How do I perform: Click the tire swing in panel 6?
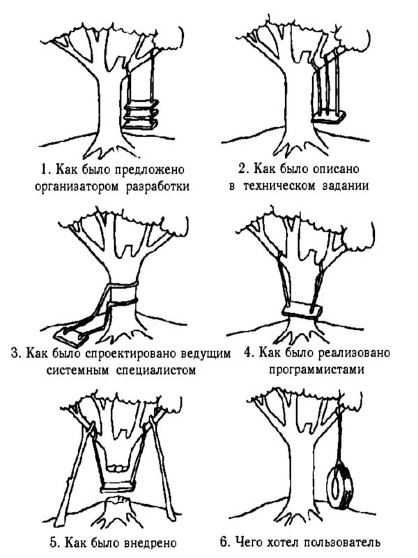coord(341,481)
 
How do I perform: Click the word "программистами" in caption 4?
coord(317,369)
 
